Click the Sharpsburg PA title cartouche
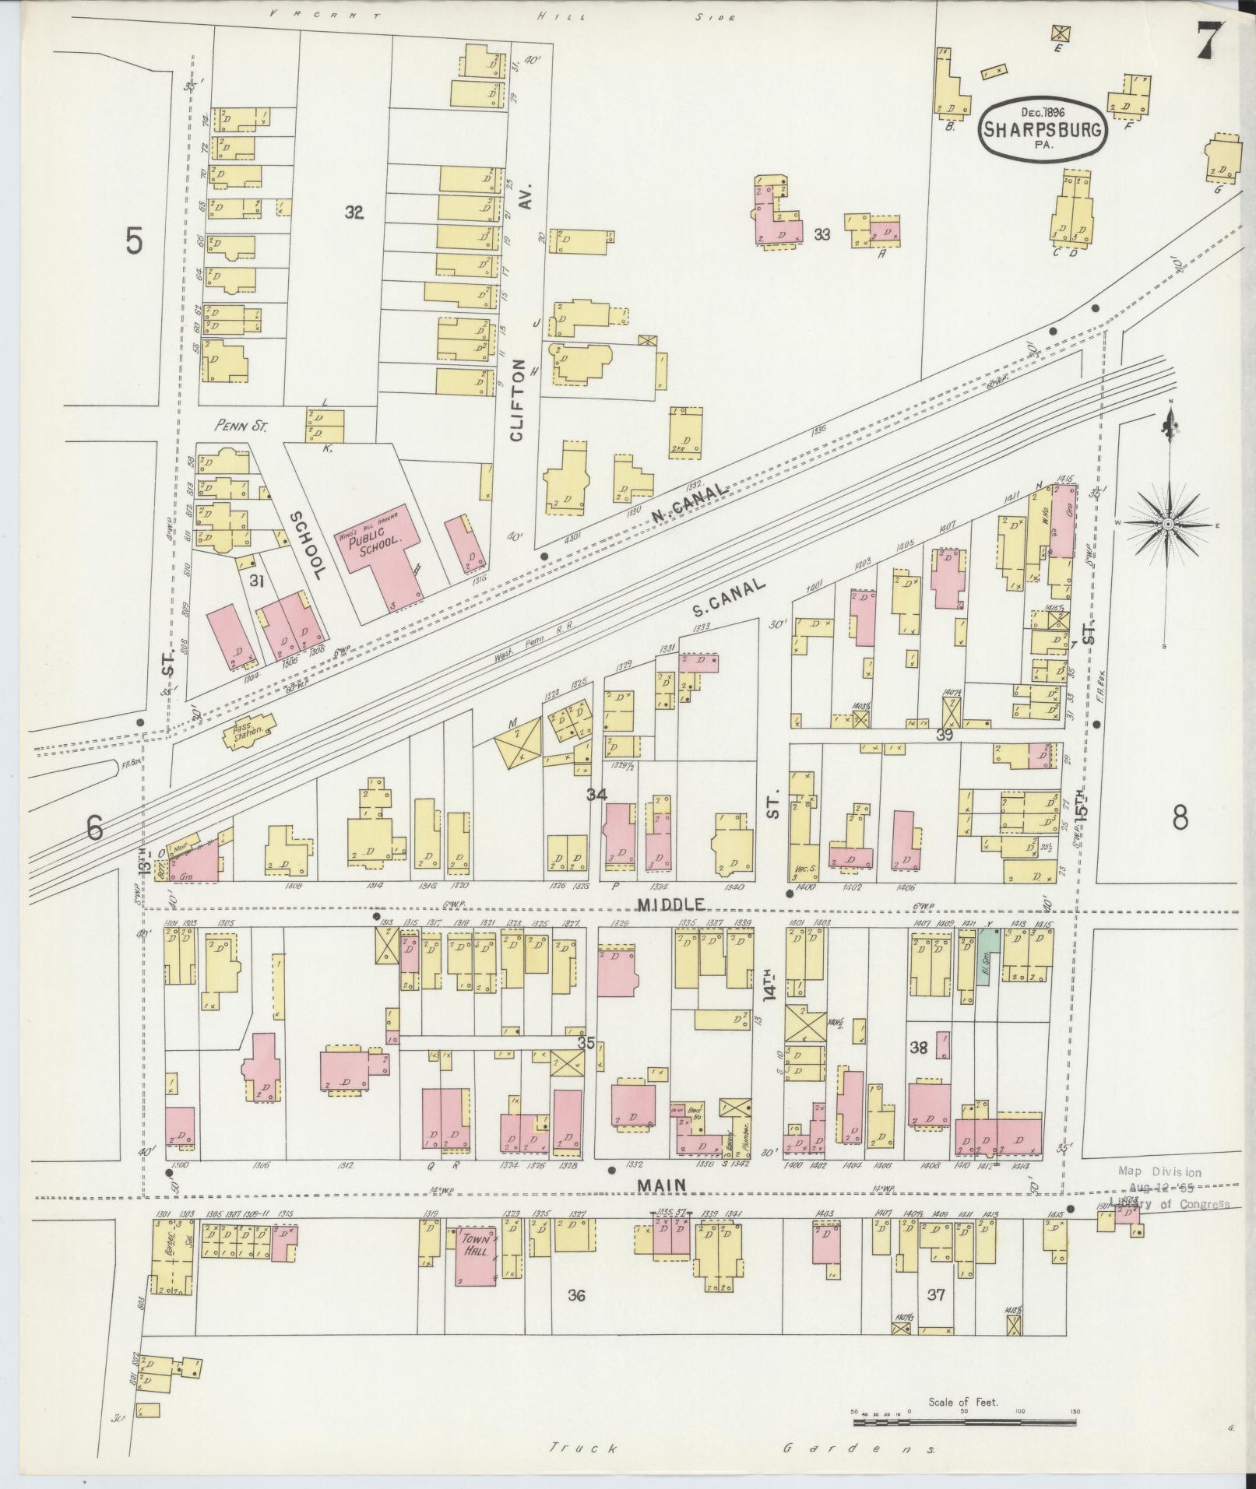click(x=1041, y=130)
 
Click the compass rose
click(x=1168, y=525)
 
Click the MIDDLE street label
click(x=670, y=904)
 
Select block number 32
click(x=354, y=212)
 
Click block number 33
click(x=822, y=233)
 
